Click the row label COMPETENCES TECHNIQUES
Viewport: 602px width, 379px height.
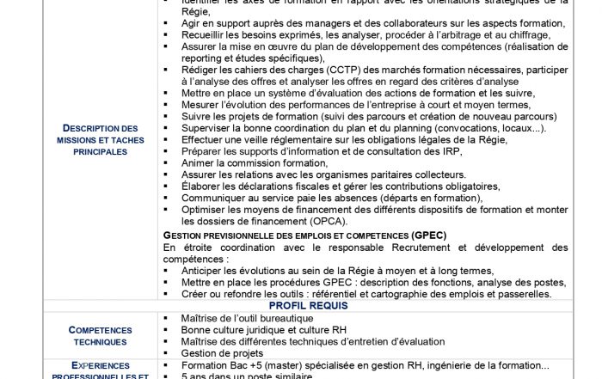pos(101,335)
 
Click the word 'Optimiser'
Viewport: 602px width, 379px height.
pos(206,209)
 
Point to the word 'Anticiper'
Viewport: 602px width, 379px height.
pos(206,270)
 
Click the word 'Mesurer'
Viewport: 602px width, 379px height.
pos(203,105)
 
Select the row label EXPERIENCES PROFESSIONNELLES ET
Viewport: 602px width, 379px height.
pos(101,371)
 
